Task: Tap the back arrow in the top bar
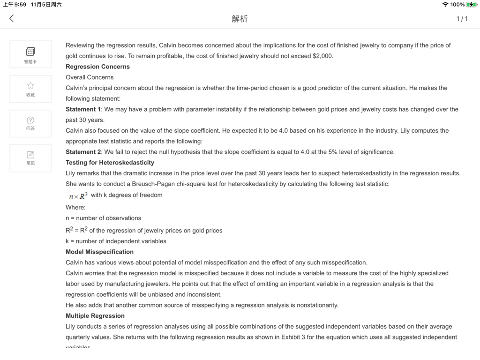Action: click(x=12, y=18)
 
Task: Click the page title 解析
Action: click(x=240, y=19)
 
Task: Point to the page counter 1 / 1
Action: click(x=462, y=19)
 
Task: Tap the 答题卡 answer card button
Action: click(x=30, y=54)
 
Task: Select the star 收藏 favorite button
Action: click(x=30, y=89)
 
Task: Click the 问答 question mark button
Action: click(x=30, y=123)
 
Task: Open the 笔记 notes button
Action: click(x=30, y=158)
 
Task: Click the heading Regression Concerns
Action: click(x=97, y=67)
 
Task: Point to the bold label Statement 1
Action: click(x=83, y=109)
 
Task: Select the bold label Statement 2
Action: click(x=83, y=152)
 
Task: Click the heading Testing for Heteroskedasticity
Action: click(x=110, y=163)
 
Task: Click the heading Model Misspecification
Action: click(x=99, y=252)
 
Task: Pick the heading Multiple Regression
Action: click(x=95, y=316)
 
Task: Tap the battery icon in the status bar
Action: click(x=471, y=5)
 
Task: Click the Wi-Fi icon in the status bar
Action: click(x=445, y=5)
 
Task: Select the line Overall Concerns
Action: click(x=90, y=77)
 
